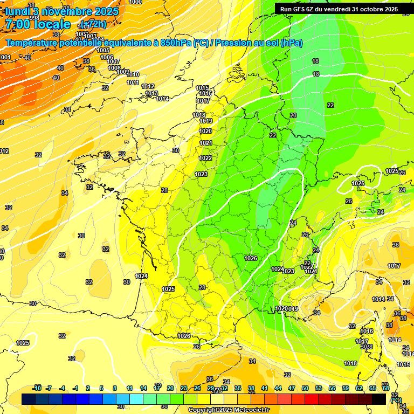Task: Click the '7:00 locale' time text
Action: click(x=38, y=24)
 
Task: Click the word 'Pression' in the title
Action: click(x=233, y=43)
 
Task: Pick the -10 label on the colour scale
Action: click(x=37, y=388)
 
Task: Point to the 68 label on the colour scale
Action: click(x=386, y=388)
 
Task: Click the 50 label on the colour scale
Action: click(x=305, y=388)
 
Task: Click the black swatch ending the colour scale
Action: click(x=379, y=399)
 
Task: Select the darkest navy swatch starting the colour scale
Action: click(x=29, y=399)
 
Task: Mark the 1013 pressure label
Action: click(x=151, y=94)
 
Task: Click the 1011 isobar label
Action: click(x=133, y=82)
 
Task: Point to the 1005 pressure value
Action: click(x=103, y=50)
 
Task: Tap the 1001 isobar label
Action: click(x=5, y=57)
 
